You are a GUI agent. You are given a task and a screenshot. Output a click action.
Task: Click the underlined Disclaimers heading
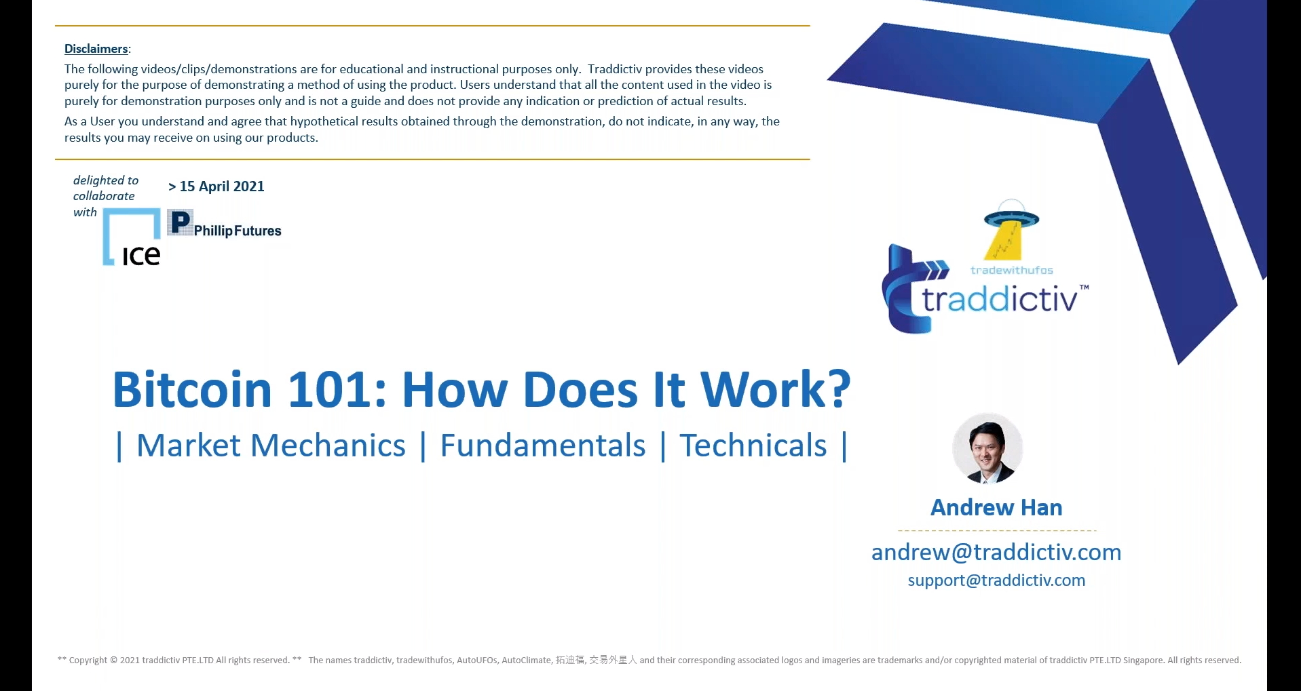tap(96, 49)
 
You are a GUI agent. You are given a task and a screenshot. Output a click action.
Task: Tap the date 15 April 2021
tap(222, 186)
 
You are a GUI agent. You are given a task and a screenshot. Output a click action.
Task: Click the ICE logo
tap(132, 237)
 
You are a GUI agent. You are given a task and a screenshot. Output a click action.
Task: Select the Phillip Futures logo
tap(224, 224)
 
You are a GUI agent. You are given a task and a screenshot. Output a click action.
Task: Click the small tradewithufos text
tap(1011, 270)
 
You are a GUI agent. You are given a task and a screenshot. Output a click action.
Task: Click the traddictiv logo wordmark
tap(999, 299)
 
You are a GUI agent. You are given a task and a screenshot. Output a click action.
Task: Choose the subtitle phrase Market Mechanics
tap(271, 446)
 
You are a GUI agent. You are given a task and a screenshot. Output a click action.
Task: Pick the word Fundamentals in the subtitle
tap(543, 446)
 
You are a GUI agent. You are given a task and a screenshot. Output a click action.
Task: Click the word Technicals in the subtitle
tap(753, 446)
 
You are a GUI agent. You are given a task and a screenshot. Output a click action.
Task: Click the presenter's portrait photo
tap(987, 448)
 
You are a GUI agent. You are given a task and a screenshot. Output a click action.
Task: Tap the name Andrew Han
tap(996, 507)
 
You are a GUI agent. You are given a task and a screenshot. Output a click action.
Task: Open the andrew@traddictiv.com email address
tap(996, 552)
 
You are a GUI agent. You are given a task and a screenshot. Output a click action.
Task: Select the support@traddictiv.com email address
tap(996, 580)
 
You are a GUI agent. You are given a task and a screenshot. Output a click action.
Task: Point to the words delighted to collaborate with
tap(106, 196)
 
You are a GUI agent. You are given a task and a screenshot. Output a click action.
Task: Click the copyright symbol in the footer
tap(113, 660)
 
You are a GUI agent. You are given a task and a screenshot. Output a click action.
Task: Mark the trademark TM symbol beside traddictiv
tap(1085, 287)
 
